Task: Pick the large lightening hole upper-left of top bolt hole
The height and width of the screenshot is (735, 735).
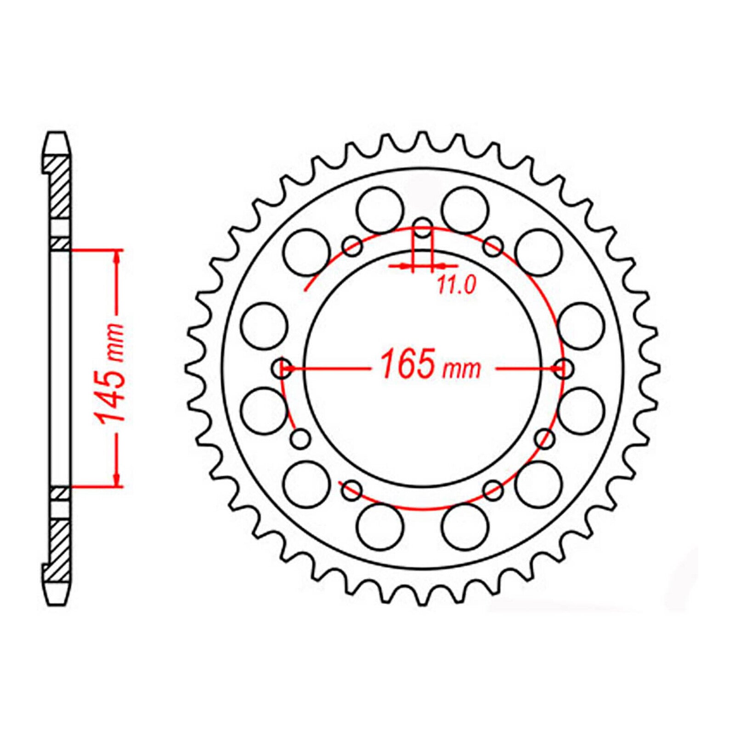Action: tap(379, 209)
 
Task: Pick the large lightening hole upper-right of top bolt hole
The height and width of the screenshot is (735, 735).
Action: tap(465, 209)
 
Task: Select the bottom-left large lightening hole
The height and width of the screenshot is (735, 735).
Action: tap(379, 526)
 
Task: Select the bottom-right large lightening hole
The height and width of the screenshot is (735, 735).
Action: tap(465, 526)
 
